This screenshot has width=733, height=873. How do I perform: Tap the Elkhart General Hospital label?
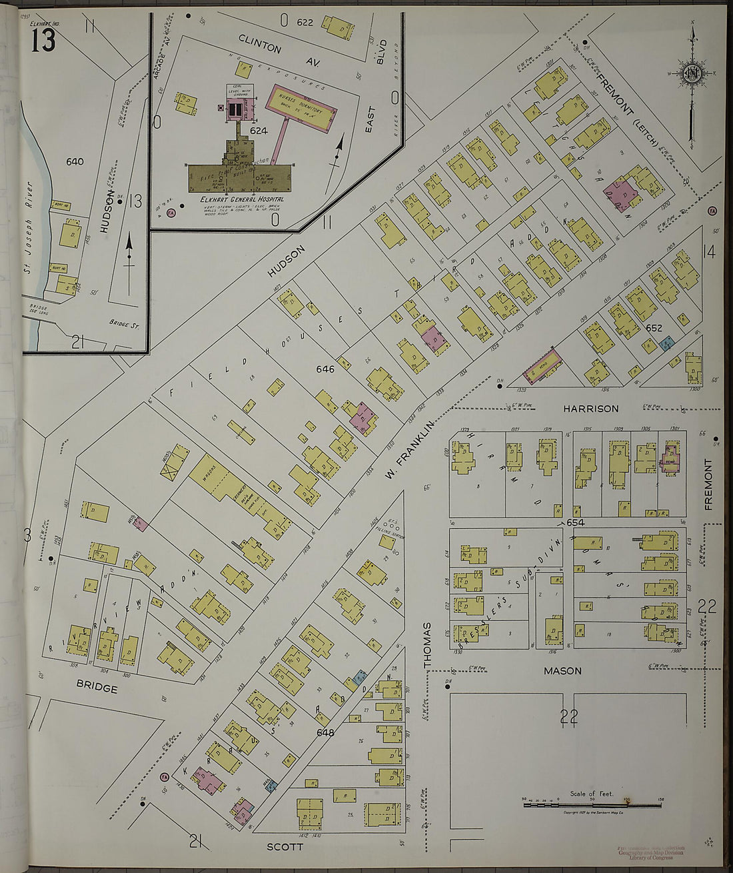[x=242, y=199]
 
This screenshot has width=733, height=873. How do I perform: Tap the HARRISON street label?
[x=590, y=408]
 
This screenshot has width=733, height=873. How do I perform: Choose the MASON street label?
[x=562, y=671]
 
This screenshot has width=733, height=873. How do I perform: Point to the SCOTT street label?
[x=285, y=847]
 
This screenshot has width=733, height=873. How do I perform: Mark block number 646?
[x=325, y=369]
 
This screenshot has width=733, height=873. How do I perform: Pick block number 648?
[x=325, y=732]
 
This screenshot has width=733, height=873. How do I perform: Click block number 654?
[x=576, y=522]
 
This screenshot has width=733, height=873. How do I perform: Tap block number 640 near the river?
[x=75, y=161]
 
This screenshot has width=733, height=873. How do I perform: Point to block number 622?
[x=305, y=23]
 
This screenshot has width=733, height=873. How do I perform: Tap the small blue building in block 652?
[x=666, y=343]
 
